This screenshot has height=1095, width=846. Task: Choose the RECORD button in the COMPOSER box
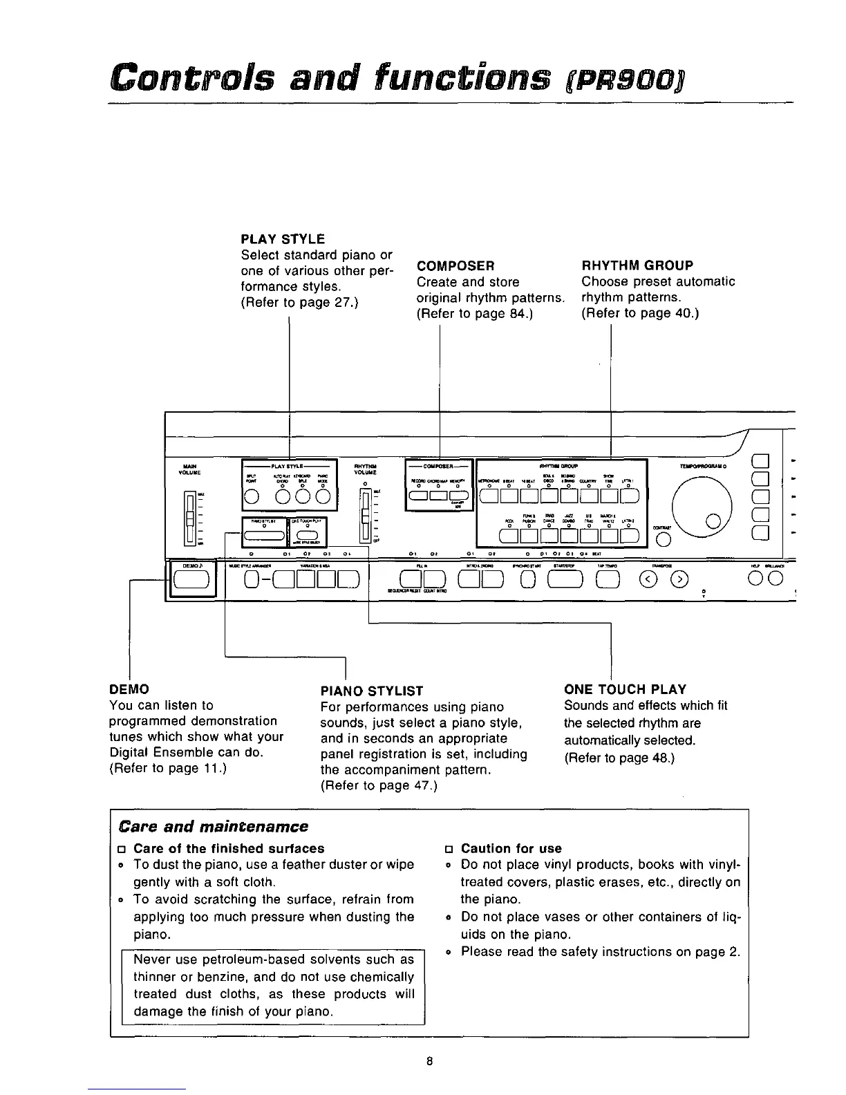pos(418,496)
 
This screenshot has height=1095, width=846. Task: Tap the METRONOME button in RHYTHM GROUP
pos(489,496)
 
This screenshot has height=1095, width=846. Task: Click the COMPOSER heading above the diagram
pos(455,265)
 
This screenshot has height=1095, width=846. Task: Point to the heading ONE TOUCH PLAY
pos(625,689)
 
